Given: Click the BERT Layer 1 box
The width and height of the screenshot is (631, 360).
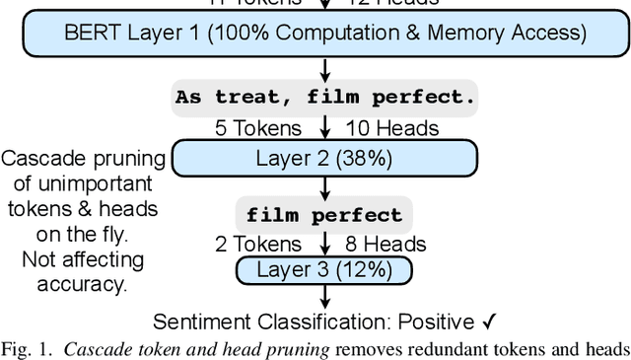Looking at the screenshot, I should tap(324, 33).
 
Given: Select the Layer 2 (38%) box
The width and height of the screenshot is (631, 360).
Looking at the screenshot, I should tap(324, 158).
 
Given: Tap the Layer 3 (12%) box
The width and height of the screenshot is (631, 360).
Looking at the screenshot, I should tap(324, 269).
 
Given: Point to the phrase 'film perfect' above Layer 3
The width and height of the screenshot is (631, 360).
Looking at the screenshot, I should tap(324, 215).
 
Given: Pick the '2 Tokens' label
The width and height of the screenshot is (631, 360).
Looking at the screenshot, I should tap(260, 244).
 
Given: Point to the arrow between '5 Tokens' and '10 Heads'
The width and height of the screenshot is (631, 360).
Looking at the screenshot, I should tap(324, 128).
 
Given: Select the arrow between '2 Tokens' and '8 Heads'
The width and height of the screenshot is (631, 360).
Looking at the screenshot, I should tap(324, 243).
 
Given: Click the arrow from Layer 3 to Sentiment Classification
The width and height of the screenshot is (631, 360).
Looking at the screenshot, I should tap(324, 295).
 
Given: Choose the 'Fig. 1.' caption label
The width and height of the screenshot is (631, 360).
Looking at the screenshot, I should tap(26, 347).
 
